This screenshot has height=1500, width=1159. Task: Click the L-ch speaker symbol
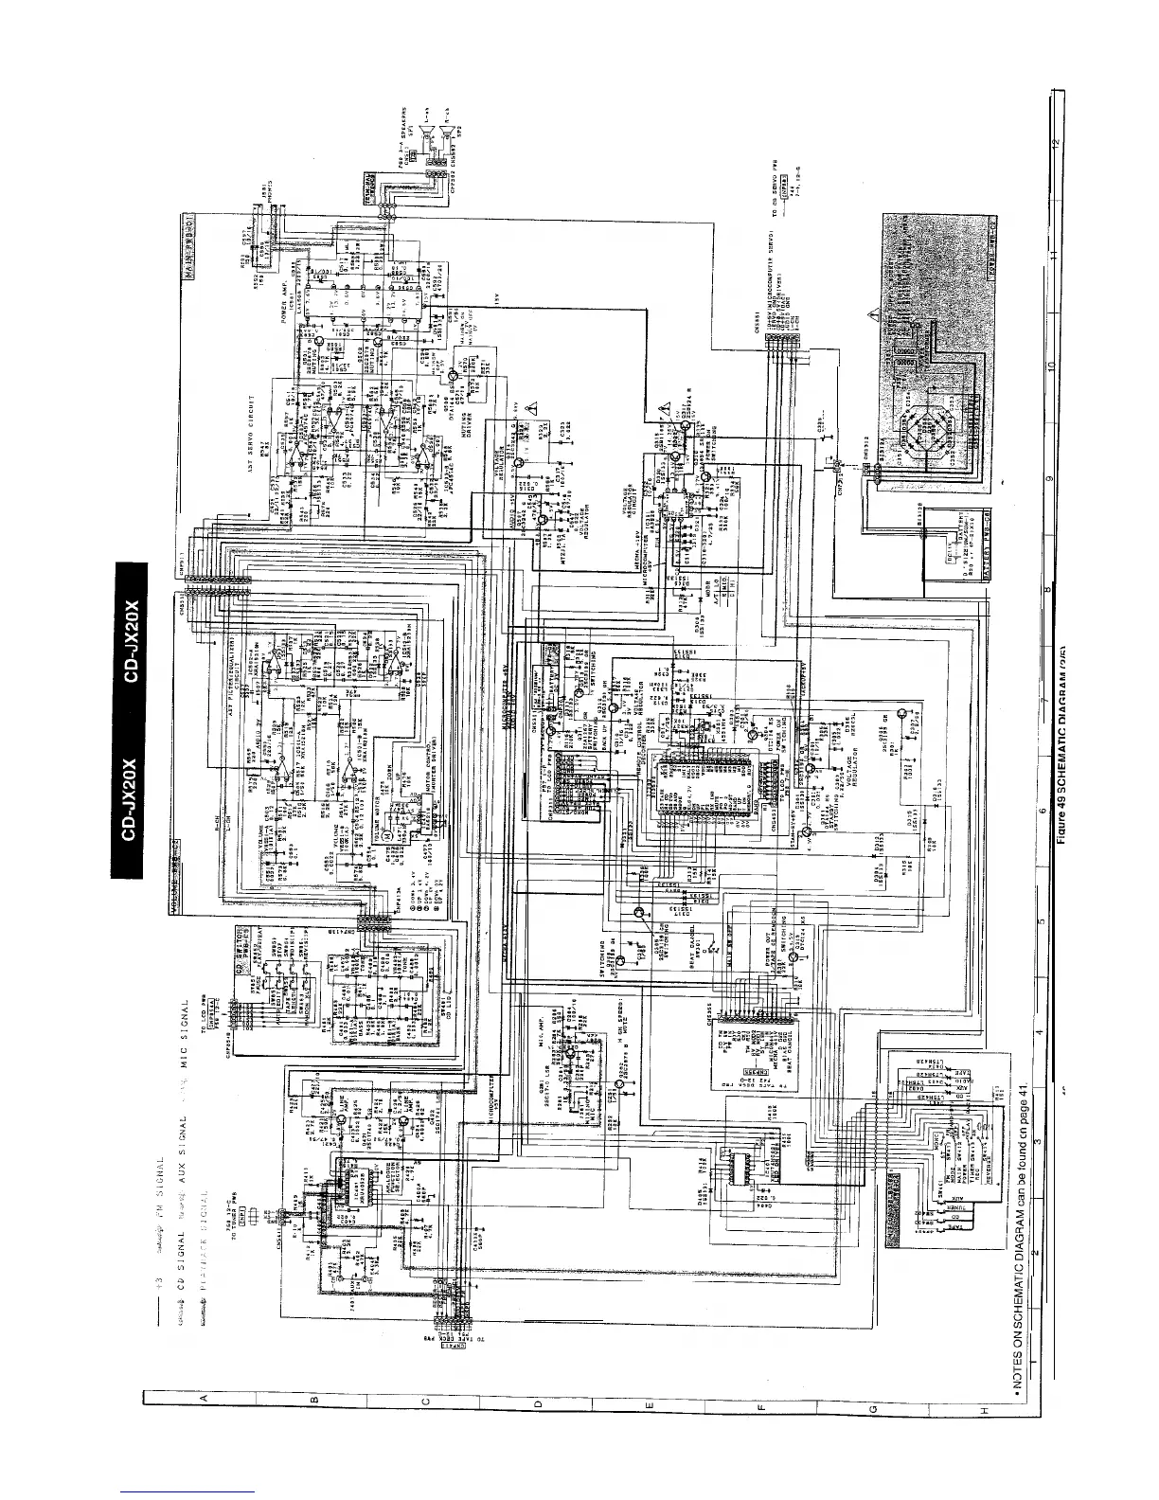pos(429,130)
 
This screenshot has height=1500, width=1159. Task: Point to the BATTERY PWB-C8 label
pos(984,549)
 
